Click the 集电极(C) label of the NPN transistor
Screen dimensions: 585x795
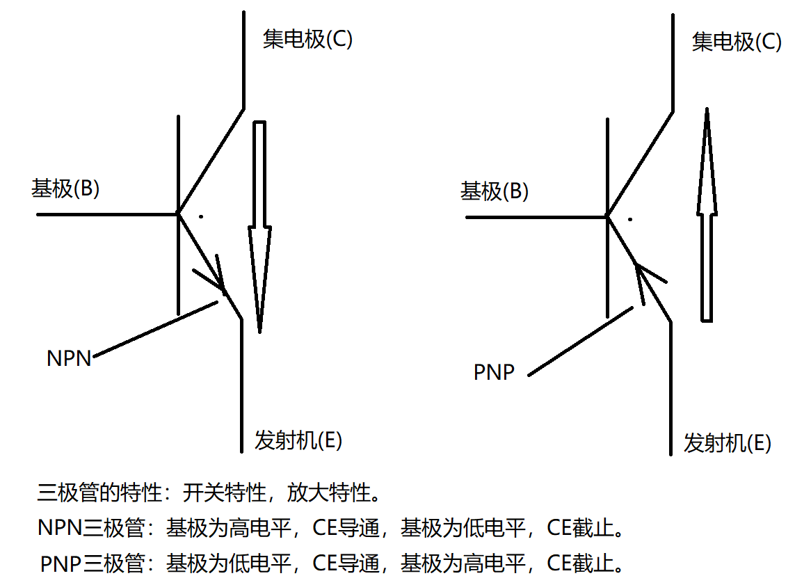click(x=307, y=40)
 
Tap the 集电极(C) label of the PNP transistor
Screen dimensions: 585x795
click(x=737, y=42)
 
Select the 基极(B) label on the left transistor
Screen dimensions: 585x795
click(x=65, y=188)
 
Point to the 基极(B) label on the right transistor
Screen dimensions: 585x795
click(x=495, y=191)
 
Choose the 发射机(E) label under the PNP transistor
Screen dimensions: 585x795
click(x=728, y=443)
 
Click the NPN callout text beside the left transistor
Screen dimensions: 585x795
click(x=69, y=358)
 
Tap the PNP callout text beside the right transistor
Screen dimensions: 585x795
click(x=494, y=373)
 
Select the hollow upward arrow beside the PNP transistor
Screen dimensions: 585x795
click(x=707, y=216)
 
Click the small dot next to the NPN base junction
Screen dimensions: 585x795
click(x=200, y=217)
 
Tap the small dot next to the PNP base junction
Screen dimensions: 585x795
click(x=630, y=220)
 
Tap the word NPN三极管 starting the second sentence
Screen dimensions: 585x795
click(x=90, y=529)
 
